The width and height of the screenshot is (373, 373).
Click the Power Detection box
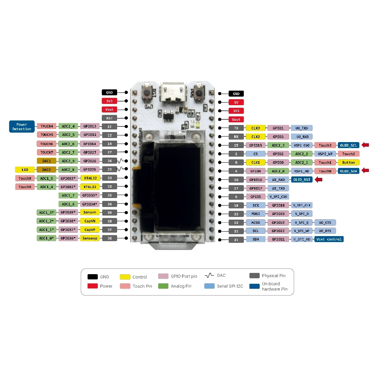click(x=22, y=126)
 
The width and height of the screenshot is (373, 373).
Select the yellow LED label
click(x=25, y=170)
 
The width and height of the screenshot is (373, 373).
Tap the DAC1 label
click(x=46, y=161)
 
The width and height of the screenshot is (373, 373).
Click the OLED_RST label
click(x=301, y=179)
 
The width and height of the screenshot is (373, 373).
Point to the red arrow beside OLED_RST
click(x=319, y=179)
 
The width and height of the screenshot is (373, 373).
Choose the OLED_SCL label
click(x=349, y=145)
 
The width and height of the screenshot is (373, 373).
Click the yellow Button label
click(x=349, y=162)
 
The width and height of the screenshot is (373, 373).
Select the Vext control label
click(x=329, y=239)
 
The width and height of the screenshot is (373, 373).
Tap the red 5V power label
click(x=236, y=102)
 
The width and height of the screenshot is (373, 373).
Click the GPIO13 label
click(x=90, y=126)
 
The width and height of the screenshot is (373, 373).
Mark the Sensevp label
click(x=90, y=238)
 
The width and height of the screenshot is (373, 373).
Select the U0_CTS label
click(x=325, y=222)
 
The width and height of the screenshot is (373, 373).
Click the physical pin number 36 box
click(x=110, y=238)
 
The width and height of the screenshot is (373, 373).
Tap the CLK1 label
click(x=256, y=162)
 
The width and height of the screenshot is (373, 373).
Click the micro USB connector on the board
click(x=173, y=93)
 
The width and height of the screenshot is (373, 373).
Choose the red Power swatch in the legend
click(x=93, y=286)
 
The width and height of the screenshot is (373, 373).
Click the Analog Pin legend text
click(x=181, y=286)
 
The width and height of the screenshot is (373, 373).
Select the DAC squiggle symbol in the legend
click(x=209, y=276)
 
